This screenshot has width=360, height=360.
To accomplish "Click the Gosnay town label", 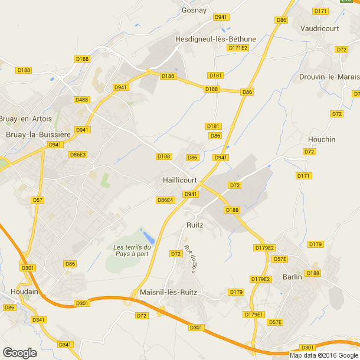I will coord(195,10).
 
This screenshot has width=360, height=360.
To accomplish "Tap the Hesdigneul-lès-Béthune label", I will coord(215,39).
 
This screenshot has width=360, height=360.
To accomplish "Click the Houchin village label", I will coord(322,139).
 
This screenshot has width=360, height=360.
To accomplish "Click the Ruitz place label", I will coord(195,225).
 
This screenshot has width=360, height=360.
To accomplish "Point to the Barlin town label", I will coord(292,276).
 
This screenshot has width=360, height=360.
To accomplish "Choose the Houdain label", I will coord(24,292).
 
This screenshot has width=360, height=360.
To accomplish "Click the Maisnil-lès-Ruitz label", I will coord(168,292).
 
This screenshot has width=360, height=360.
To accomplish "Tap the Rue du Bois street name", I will coord(189,258).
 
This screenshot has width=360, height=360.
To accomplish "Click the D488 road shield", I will coord(82,100).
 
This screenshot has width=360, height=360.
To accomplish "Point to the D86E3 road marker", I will coord(78,155).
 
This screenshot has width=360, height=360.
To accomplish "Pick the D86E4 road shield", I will coord(166,200).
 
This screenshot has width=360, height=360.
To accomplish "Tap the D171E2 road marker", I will coord(238,48).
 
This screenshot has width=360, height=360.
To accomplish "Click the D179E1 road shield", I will coord(255,315).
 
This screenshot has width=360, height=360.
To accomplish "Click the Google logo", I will coord(19,352).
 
